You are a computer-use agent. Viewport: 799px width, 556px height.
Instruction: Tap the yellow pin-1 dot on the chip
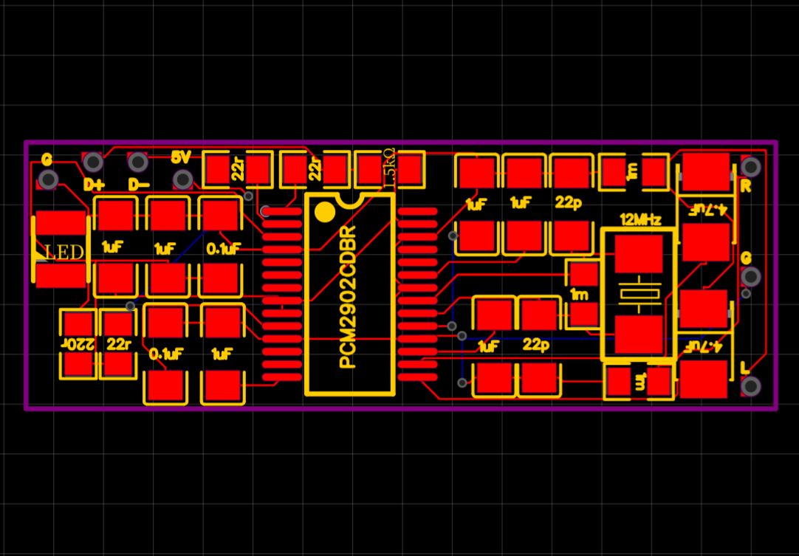(324, 212)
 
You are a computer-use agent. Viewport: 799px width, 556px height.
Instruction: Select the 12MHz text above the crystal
(640, 219)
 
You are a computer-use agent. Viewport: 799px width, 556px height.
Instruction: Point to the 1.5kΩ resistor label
(390, 168)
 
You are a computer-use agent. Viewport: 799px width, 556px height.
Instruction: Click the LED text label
(64, 253)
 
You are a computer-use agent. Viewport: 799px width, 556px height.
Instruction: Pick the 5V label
(181, 158)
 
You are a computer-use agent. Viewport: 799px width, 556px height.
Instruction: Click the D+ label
(95, 184)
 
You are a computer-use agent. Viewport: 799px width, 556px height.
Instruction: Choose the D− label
(139, 184)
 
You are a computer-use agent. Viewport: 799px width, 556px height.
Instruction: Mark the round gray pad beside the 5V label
(182, 179)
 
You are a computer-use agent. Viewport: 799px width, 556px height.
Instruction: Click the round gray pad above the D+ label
(93, 162)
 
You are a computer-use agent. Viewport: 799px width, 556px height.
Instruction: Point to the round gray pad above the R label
(751, 167)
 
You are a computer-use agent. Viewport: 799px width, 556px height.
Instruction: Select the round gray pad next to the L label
(751, 385)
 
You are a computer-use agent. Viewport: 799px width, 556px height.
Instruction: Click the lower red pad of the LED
(61, 275)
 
